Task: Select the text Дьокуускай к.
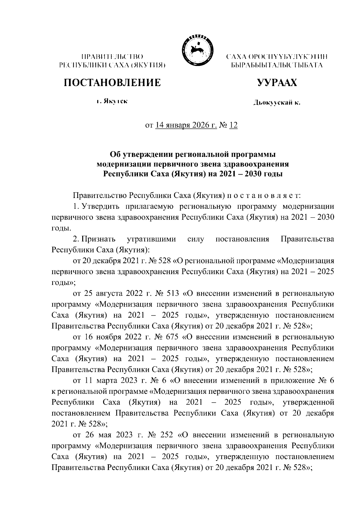click(x=277, y=103)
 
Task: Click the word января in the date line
click(x=176, y=125)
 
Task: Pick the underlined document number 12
click(x=233, y=125)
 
